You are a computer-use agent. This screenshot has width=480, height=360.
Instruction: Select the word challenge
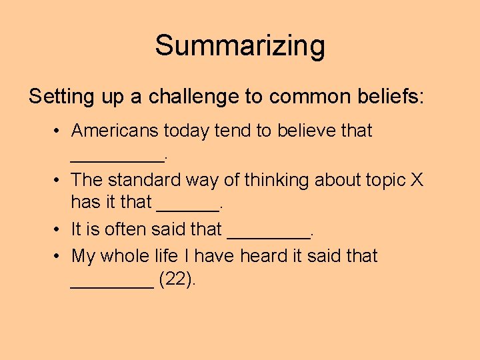194,97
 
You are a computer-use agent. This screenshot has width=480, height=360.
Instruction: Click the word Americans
115,131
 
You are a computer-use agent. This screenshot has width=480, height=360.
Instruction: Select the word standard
138,180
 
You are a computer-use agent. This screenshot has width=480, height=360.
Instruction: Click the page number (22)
177,280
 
